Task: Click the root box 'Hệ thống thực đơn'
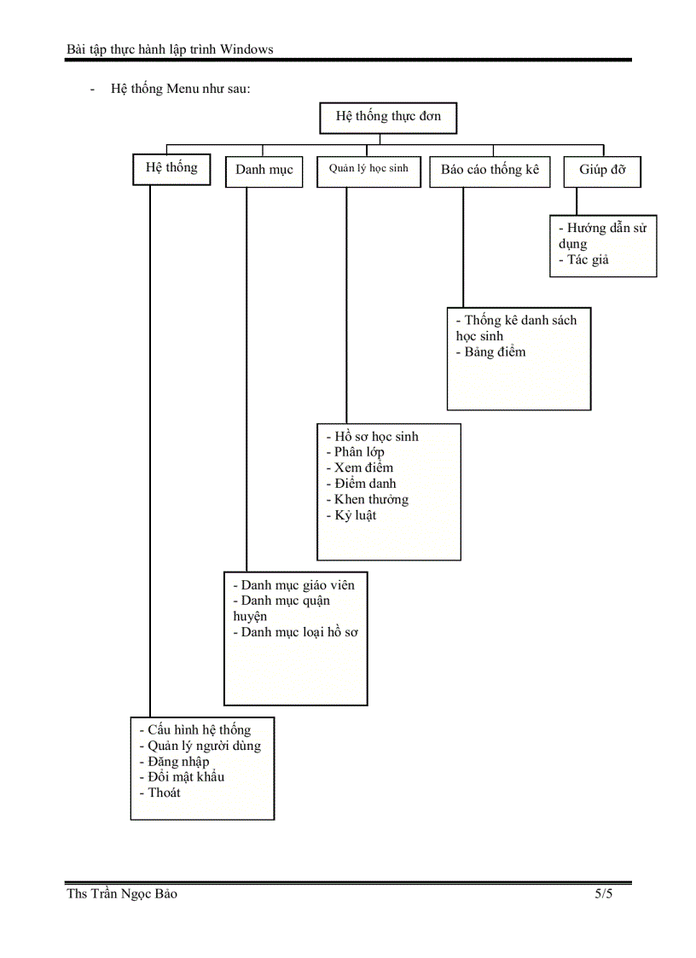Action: (x=388, y=117)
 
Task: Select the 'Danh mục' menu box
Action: (x=264, y=170)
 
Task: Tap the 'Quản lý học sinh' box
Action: (x=368, y=169)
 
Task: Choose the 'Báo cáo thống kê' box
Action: (x=490, y=170)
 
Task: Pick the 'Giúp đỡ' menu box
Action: (x=602, y=170)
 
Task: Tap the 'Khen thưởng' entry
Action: (x=371, y=499)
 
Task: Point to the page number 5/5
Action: (x=604, y=894)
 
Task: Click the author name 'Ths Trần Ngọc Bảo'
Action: (x=122, y=894)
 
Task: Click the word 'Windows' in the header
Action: (x=246, y=49)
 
